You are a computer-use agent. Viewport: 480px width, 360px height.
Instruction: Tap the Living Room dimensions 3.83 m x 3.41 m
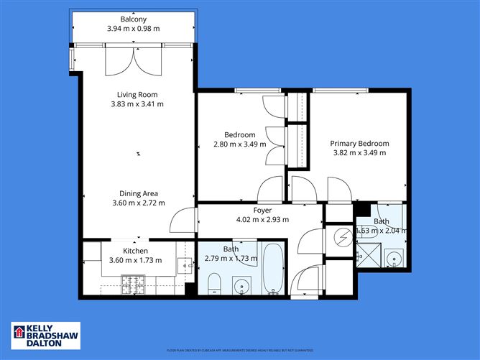[x=137, y=104]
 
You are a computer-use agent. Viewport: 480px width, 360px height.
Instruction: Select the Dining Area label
[x=139, y=193]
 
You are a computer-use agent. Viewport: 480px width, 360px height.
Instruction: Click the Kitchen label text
[x=135, y=251]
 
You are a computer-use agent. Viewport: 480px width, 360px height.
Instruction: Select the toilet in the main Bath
[x=213, y=285]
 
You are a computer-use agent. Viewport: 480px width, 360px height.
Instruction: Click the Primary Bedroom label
[x=360, y=143]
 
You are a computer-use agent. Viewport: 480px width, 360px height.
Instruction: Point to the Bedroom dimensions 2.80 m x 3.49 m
[x=239, y=144]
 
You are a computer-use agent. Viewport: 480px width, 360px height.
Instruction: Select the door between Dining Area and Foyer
[x=186, y=218]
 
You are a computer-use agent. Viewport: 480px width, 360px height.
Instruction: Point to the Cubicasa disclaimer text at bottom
[x=240, y=350]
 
